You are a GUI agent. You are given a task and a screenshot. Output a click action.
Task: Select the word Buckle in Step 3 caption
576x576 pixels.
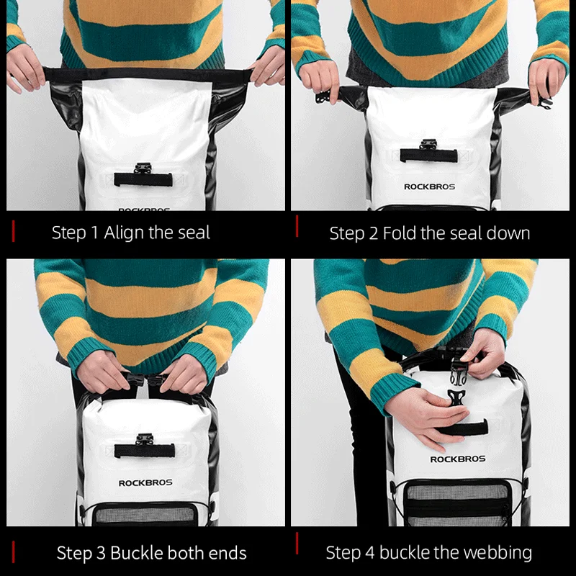click(x=135, y=553)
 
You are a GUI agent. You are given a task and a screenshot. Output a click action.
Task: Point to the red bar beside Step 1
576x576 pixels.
click(x=14, y=231)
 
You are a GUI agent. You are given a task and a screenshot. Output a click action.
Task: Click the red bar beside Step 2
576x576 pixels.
click(x=297, y=226)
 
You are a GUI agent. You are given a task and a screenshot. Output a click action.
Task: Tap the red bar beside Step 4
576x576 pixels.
click(x=297, y=544)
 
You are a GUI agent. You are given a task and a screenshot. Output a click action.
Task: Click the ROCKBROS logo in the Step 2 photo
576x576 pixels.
click(x=429, y=187)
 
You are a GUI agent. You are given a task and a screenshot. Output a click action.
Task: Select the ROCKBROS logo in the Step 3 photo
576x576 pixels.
click(x=145, y=483)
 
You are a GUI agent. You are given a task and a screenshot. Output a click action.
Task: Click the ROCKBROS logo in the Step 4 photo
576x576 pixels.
click(x=458, y=459)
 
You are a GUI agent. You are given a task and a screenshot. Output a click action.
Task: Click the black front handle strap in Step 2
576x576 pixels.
click(x=429, y=155)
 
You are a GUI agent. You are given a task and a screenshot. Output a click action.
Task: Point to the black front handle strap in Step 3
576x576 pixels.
click(x=145, y=451)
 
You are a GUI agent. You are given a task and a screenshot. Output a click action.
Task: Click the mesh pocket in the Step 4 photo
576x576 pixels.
click(x=458, y=504)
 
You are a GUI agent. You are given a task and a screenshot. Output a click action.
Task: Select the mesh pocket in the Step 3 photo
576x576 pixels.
click(x=146, y=514)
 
